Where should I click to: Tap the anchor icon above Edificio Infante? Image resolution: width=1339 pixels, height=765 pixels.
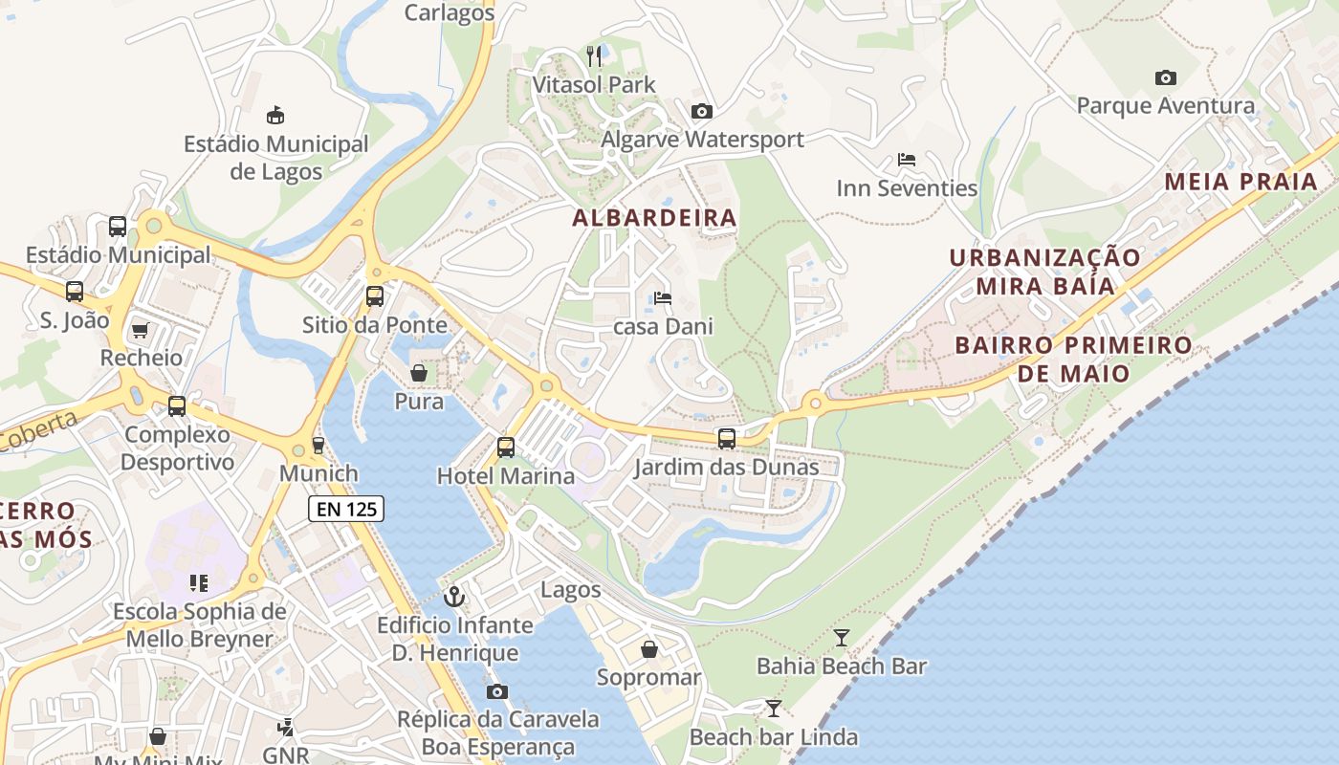(454, 597)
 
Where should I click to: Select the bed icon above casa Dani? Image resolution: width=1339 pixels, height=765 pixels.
(662, 298)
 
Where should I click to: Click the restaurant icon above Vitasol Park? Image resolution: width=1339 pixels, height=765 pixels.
(594, 56)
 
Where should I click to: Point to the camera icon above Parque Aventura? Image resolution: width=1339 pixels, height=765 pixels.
(1165, 77)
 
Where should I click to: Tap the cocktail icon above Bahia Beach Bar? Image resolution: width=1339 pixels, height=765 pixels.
(842, 638)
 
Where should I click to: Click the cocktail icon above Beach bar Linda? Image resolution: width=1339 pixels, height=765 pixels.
(773, 709)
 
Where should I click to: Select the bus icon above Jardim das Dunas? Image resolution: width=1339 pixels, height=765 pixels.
(727, 439)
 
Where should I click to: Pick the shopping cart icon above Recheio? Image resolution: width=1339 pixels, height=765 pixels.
(141, 330)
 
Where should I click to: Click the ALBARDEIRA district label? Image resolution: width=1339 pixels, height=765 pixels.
(654, 218)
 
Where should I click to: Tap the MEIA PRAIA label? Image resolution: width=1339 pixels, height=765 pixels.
(1240, 182)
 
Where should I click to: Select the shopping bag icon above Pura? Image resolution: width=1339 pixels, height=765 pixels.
(419, 372)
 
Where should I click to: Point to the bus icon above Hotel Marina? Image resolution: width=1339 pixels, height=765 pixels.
(505, 447)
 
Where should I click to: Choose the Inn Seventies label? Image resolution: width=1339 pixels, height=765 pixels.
(907, 188)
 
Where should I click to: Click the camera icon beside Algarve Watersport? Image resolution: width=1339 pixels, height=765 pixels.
(701, 111)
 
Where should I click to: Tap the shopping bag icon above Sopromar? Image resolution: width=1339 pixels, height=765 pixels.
(649, 649)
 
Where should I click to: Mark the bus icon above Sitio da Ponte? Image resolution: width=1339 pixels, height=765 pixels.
(374, 295)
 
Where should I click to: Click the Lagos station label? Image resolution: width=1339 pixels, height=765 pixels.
(571, 590)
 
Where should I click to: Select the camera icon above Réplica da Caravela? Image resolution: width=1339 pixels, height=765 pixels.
(497, 691)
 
